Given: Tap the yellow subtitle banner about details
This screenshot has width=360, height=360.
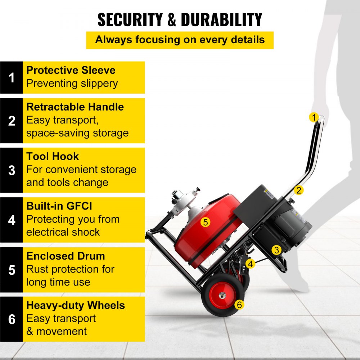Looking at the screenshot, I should click(180, 40).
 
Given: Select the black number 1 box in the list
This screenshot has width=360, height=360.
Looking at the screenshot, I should click(12, 77).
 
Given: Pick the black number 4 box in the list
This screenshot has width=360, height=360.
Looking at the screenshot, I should click(12, 220).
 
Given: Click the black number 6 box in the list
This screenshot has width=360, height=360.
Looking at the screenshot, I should click(12, 319).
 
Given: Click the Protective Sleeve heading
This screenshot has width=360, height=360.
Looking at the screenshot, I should click(71, 70).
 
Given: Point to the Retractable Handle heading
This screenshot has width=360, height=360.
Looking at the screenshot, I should click(75, 107).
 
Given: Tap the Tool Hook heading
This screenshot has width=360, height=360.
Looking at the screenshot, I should click(53, 156).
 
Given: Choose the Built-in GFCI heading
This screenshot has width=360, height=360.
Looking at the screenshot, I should click(59, 206).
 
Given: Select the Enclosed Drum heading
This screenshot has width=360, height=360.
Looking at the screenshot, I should click(66, 256).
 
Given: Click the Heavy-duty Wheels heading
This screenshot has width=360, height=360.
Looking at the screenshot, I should click(76, 305).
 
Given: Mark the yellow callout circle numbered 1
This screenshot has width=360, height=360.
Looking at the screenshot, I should click(314, 117).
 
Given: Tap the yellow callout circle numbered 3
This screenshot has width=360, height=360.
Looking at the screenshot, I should click(276, 250).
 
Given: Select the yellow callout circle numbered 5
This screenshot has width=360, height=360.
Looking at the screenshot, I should click(205, 222).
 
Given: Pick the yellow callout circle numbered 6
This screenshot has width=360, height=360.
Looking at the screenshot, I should click(239, 305).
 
